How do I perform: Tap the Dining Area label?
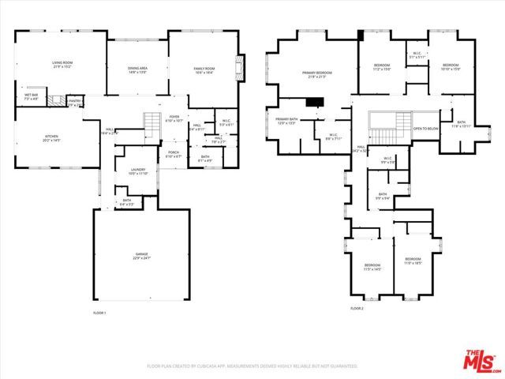(138, 69)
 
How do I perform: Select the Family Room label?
(205, 70)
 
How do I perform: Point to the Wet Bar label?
(32, 96)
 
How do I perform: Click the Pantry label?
(75, 102)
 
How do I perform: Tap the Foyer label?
(174, 119)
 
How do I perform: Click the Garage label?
(141, 255)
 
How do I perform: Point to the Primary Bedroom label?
(317, 73)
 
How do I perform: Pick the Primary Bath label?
(286, 121)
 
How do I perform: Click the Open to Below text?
(426, 128)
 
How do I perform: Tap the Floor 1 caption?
(99, 313)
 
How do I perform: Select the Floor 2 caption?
(357, 308)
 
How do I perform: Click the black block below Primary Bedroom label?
(316, 101)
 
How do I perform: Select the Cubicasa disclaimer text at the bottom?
(252, 366)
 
